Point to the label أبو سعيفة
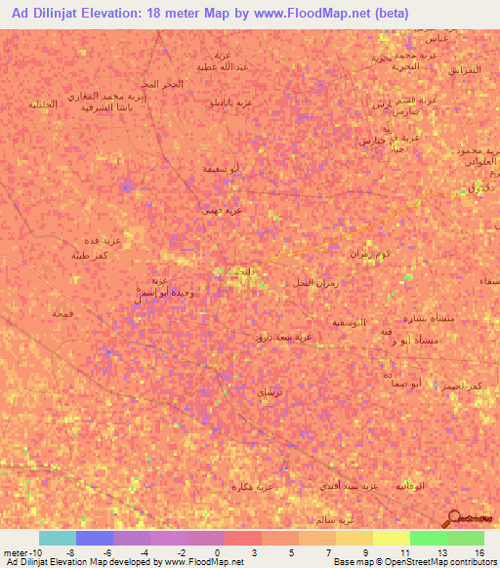(222, 169)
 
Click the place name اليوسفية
(347, 320)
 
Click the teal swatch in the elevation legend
(57, 538)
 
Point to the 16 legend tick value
(479, 552)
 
